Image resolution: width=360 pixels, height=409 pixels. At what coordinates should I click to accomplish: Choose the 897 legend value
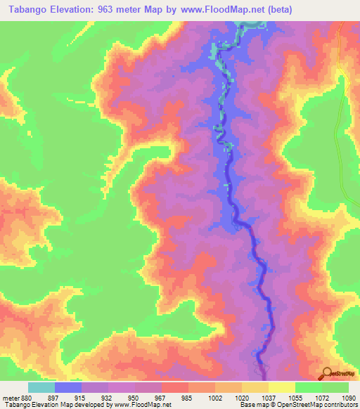(55, 398)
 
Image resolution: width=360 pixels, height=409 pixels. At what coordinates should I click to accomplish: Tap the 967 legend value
(161, 398)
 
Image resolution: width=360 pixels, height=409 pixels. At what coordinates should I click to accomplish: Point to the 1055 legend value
(295, 398)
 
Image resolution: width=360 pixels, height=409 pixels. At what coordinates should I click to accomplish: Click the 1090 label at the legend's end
(347, 398)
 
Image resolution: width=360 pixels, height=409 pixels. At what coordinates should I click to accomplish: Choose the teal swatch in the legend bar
(41, 387)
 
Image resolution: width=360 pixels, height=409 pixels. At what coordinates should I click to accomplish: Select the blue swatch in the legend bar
(68, 387)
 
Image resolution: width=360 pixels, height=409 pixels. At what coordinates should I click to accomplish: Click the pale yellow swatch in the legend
(282, 387)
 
